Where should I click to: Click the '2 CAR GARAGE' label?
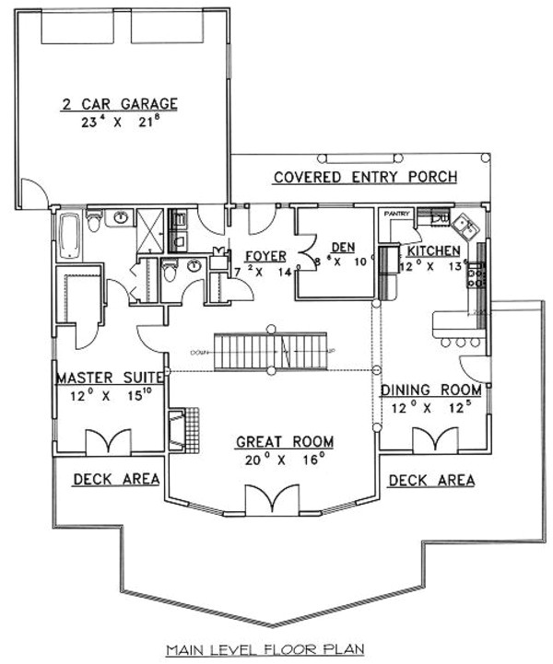coord(119,104)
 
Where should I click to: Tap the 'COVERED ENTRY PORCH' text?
coord(365,177)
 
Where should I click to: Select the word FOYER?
coord(265,255)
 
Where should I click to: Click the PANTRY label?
coord(396,213)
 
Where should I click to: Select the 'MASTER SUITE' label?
coord(111,378)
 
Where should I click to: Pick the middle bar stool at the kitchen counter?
coord(460,343)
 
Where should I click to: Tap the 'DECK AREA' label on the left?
coord(116,479)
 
